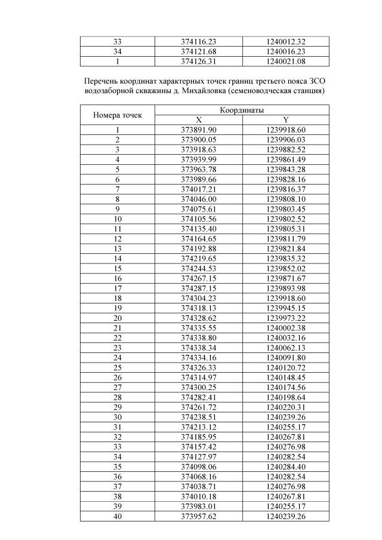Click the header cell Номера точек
[117, 115]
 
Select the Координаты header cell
[242, 111]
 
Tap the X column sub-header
[198, 119]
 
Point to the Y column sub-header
[285, 119]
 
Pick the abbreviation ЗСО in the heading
[321, 80]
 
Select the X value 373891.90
[198, 130]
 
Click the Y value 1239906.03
[285, 139]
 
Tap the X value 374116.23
[198, 42]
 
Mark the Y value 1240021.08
[285, 61]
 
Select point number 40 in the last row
[117, 516]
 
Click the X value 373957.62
[198, 516]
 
